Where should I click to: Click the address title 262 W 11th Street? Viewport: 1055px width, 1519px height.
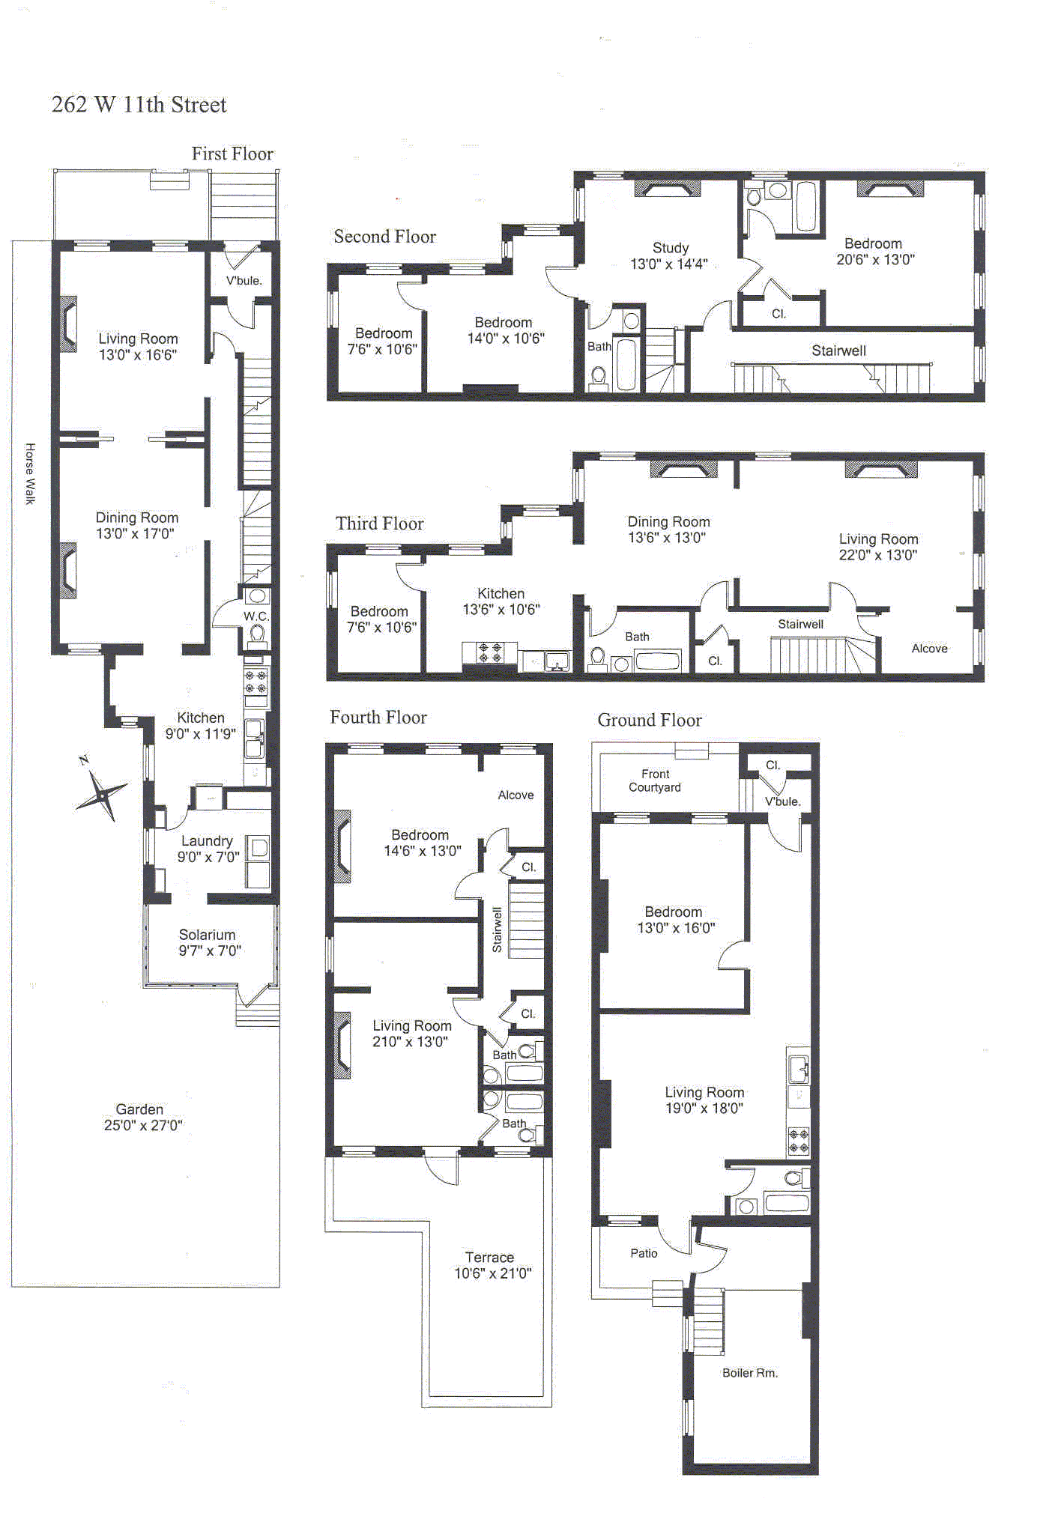click(139, 104)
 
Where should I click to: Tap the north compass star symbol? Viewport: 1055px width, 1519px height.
click(100, 793)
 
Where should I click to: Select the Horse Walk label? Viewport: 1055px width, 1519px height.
click(30, 473)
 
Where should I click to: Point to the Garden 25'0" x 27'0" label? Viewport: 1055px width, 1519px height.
click(142, 1117)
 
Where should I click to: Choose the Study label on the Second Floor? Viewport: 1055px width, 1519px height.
click(669, 255)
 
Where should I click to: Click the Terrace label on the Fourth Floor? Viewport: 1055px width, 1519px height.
click(492, 1264)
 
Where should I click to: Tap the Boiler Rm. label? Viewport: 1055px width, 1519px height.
click(749, 1373)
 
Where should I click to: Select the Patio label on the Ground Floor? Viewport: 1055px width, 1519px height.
click(644, 1253)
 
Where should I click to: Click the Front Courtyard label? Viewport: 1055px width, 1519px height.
click(655, 780)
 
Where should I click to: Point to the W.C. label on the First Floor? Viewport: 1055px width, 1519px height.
click(256, 616)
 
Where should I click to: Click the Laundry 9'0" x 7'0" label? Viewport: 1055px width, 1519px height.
click(208, 849)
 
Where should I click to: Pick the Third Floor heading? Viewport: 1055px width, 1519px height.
click(379, 524)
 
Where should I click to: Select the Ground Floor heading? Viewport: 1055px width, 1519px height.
click(649, 720)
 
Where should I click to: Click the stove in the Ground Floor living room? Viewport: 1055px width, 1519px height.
click(799, 1141)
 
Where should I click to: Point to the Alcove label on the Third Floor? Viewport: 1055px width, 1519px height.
click(929, 649)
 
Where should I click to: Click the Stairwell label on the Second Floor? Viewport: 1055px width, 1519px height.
click(838, 351)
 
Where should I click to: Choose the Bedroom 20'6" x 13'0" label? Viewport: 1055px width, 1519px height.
click(874, 252)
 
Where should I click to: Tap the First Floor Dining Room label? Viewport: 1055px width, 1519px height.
click(136, 525)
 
